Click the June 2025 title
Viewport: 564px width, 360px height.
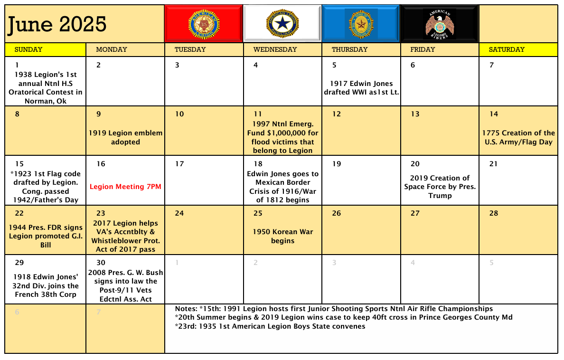tap(56, 24)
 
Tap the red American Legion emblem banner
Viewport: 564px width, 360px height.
tap(204, 24)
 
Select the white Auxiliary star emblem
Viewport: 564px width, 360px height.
tap(282, 24)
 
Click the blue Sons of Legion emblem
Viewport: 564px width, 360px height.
tap(361, 24)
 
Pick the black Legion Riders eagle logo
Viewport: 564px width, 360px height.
tap(440, 24)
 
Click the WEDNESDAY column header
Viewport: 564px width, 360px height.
tap(275, 49)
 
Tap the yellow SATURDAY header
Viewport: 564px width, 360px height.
tap(507, 49)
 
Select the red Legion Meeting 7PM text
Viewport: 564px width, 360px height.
tap(125, 187)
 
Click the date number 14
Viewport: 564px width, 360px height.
tap(494, 114)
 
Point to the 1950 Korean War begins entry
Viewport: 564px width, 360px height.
tap(282, 236)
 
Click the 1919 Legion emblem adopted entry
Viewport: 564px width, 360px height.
tap(125, 137)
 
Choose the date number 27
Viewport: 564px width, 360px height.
tap(415, 213)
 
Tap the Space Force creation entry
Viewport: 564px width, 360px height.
tap(440, 187)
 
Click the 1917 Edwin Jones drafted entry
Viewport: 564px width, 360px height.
tap(361, 88)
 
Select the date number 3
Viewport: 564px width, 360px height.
tap(177, 65)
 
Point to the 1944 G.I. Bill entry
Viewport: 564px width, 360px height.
tap(46, 236)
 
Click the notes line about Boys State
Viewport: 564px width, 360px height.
tap(271, 326)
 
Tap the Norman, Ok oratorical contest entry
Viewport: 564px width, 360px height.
tap(46, 88)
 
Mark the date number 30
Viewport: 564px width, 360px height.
tap(101, 263)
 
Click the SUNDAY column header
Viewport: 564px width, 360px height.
tap(28, 49)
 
